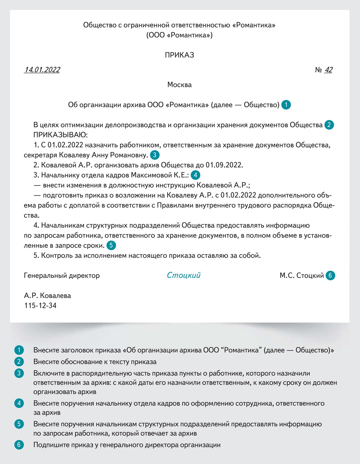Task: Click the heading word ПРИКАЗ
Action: (x=179, y=55)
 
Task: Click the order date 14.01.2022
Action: (x=42, y=70)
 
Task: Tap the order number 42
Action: (x=328, y=70)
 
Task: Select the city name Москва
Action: (x=179, y=85)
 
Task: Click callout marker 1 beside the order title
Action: (x=286, y=105)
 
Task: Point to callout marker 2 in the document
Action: (x=329, y=125)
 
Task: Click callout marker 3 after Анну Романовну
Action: (x=155, y=155)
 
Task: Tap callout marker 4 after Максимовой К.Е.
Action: (x=195, y=175)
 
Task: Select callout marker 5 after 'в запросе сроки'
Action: (x=111, y=245)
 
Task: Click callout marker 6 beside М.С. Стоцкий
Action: (x=330, y=275)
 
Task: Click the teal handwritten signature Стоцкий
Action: (x=183, y=275)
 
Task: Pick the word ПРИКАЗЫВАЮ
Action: (x=60, y=135)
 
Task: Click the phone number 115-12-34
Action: (x=40, y=305)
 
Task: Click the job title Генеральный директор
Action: (x=62, y=276)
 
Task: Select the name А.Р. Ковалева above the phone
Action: (x=47, y=296)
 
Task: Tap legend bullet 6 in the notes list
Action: (x=19, y=445)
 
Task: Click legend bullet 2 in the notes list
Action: (x=19, y=362)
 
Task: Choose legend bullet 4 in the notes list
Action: (x=19, y=404)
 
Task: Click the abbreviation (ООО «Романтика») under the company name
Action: (x=179, y=35)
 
